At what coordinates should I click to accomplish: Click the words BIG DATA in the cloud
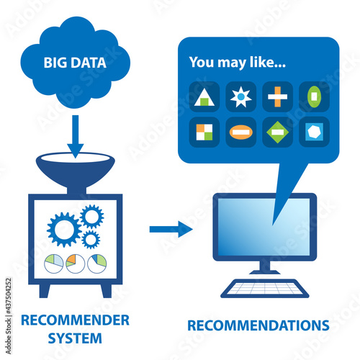[x=75, y=63]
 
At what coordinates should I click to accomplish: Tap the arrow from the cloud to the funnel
[x=76, y=136]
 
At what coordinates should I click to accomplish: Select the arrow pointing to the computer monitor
[x=171, y=229]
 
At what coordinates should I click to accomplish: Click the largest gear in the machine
[x=64, y=230]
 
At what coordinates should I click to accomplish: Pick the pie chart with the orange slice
[x=75, y=264]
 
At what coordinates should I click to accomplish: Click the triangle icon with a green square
[x=204, y=97]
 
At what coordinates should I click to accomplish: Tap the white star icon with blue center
[x=241, y=96]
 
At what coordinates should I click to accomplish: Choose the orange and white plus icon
[x=277, y=96]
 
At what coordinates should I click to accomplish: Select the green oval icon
[x=314, y=96]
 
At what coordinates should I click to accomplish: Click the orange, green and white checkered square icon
[x=204, y=132]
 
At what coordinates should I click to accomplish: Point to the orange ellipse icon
[x=241, y=132]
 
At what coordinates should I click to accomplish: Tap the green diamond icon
[x=277, y=132]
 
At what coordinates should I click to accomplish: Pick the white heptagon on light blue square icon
[x=314, y=132]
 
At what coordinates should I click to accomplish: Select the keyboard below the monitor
[x=264, y=288]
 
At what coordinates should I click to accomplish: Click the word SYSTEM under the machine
[x=75, y=338]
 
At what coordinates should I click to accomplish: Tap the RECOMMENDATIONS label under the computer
[x=258, y=325]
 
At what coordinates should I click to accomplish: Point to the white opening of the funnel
[x=76, y=158]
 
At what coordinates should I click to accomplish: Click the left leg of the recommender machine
[x=45, y=291]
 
